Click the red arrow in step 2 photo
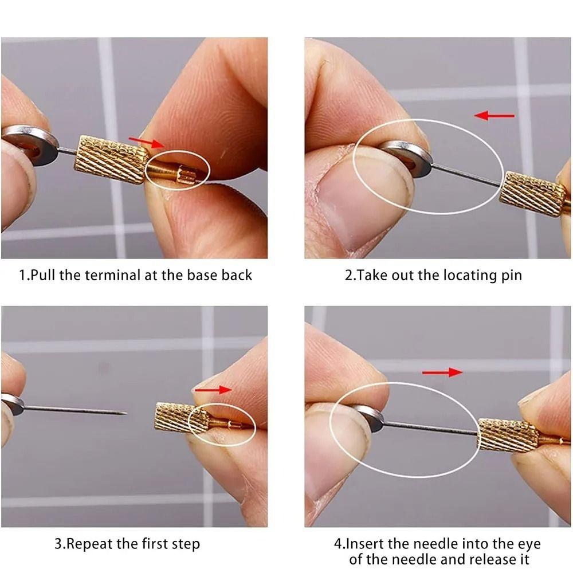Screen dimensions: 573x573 [x=494, y=116]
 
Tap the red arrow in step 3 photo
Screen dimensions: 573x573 [x=213, y=390]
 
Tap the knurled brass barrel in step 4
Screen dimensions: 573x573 [x=507, y=435]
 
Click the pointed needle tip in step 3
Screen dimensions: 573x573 [x=124, y=412]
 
